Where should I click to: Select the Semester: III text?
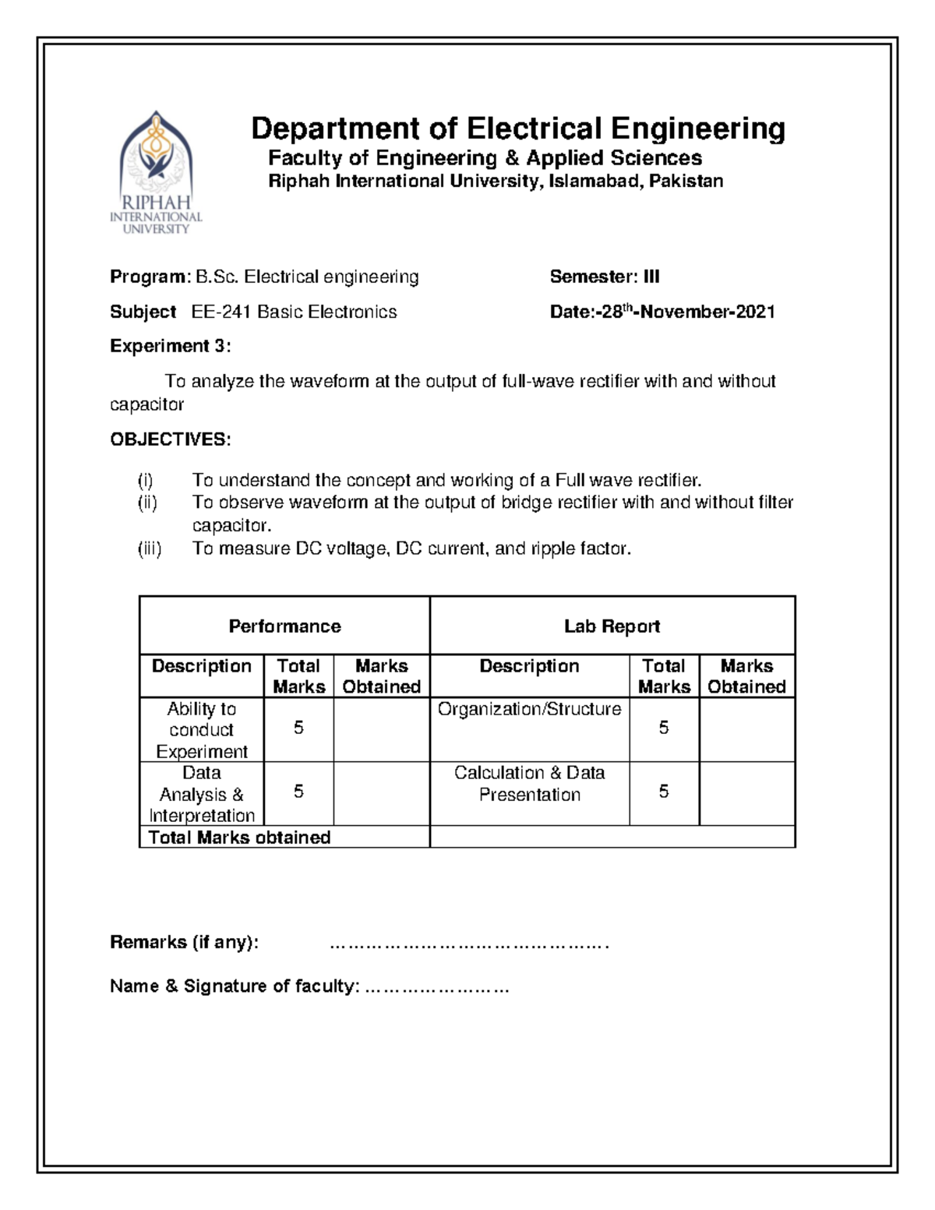point(605,277)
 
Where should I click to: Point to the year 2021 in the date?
point(754,312)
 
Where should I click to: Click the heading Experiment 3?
point(170,346)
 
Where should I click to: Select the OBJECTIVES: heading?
point(170,439)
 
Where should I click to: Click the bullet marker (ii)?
point(147,503)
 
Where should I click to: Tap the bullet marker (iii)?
point(149,549)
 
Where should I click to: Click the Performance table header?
point(284,626)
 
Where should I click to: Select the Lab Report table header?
point(612,626)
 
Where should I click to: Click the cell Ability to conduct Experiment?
point(201,730)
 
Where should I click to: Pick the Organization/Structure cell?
point(529,710)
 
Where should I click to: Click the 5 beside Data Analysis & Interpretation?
point(298,792)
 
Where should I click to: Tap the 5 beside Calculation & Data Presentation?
point(663,792)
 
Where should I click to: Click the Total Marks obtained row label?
point(239,838)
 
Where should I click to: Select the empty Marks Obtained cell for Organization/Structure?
point(746,729)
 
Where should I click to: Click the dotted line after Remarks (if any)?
point(468,945)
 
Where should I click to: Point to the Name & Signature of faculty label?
point(235,986)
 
